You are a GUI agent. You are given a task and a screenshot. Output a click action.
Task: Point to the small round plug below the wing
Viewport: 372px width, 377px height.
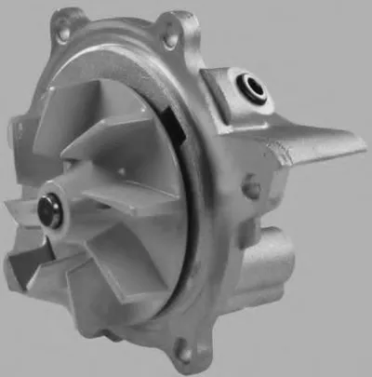click(x=250, y=190)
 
